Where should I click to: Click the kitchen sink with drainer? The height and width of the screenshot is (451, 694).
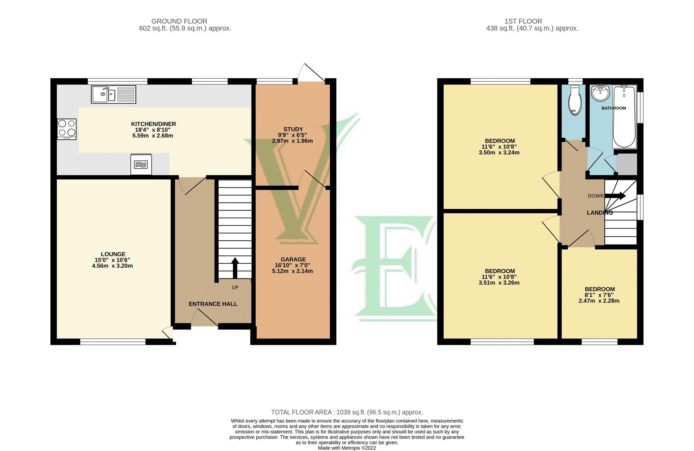[113, 94]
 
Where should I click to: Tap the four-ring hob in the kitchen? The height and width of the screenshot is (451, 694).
[67, 129]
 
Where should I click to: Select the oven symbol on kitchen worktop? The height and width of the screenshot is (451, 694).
[141, 165]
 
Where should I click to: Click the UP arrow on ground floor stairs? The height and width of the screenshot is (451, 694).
[235, 267]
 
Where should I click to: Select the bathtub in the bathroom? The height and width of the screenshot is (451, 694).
[625, 117]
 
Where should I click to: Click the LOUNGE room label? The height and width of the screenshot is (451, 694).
[113, 254]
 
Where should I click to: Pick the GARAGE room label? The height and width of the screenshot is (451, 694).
[293, 259]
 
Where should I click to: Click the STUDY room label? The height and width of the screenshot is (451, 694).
[293, 129]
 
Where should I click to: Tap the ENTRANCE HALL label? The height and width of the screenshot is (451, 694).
[213, 304]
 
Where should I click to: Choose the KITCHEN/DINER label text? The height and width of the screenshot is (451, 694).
[153, 124]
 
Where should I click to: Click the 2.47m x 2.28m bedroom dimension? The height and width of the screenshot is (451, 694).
[599, 301]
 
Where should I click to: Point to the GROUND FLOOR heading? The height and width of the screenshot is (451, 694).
[179, 21]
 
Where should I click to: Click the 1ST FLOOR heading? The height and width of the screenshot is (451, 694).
[523, 21]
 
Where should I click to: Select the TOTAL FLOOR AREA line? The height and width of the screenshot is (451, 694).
[347, 412]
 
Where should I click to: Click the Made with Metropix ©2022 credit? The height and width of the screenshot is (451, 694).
[347, 448]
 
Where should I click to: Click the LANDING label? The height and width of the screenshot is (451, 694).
[599, 213]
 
